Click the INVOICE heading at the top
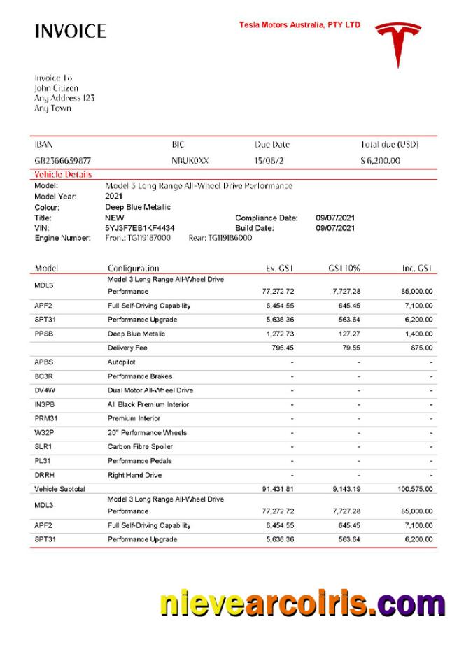pyautogui.click(x=70, y=31)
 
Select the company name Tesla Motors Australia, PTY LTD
pyautogui.click(x=299, y=24)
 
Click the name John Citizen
pyautogui.click(x=56, y=88)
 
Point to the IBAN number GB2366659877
pyautogui.click(x=62, y=160)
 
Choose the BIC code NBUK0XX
pyautogui.click(x=190, y=160)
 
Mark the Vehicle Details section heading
pyautogui.click(x=63, y=174)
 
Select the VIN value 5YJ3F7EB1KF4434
pyautogui.click(x=140, y=228)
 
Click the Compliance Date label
pyautogui.click(x=267, y=218)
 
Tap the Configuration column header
pyautogui.click(x=133, y=268)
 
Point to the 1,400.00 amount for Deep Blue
pyautogui.click(x=418, y=334)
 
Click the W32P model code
pyautogui.click(x=44, y=432)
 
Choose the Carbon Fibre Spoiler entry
pyautogui.click(x=140, y=446)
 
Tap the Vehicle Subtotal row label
pyautogui.click(x=59, y=489)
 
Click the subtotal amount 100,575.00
pyautogui.click(x=415, y=489)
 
